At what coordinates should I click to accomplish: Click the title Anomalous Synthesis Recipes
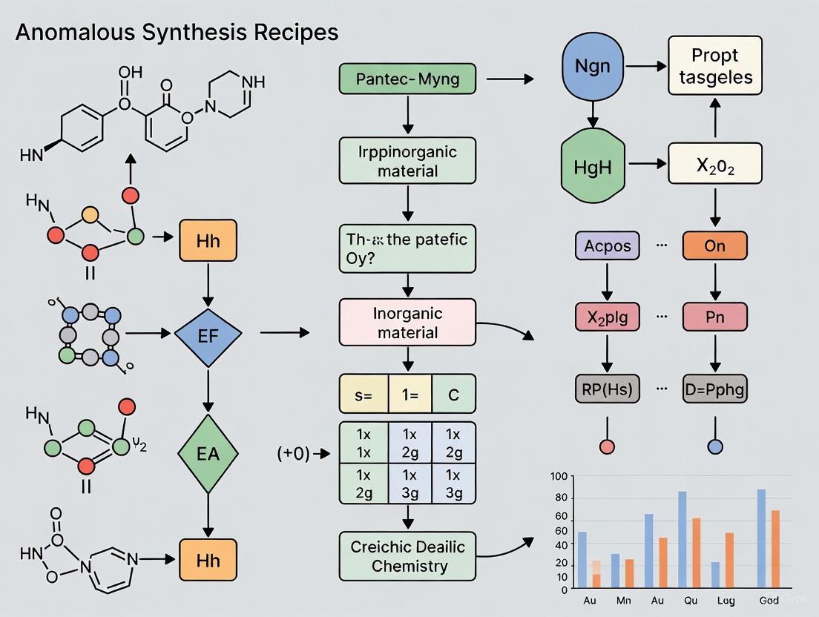(x=177, y=32)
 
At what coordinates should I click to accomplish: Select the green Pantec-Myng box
(x=407, y=79)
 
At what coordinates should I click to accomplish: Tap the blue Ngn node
(x=593, y=65)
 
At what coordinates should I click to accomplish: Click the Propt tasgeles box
(x=715, y=65)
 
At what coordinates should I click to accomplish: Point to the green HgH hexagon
(x=593, y=165)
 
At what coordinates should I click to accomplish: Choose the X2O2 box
(x=715, y=164)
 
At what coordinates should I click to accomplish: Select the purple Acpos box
(x=608, y=245)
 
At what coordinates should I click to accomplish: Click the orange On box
(x=714, y=245)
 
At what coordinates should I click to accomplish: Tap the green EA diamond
(x=208, y=454)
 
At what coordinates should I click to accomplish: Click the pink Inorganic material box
(x=407, y=323)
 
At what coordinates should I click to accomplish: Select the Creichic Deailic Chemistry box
(x=407, y=555)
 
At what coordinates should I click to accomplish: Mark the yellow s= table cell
(x=364, y=395)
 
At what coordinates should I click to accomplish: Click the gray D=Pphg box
(x=714, y=388)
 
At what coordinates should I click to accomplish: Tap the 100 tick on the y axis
(x=559, y=477)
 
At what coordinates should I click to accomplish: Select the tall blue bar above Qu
(x=682, y=539)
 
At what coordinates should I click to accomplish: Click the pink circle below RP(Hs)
(x=608, y=446)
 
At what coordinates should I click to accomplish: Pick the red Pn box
(x=714, y=316)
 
